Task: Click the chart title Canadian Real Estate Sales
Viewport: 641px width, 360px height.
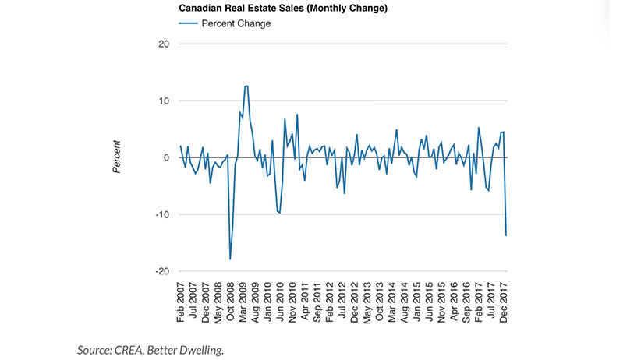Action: click(272, 9)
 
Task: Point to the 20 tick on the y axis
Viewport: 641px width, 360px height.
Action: click(164, 44)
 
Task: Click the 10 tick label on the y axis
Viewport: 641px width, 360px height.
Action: click(164, 101)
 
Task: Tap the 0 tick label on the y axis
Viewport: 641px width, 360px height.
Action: click(166, 158)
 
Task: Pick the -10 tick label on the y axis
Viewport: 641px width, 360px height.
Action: click(161, 215)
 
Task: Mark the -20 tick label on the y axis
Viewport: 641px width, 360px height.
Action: click(161, 272)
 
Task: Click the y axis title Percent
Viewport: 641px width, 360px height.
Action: click(117, 157)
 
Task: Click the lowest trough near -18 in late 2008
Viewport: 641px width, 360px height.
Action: click(230, 259)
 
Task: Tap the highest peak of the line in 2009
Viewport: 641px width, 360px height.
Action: click(246, 86)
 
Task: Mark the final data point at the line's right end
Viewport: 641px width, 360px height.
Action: click(506, 235)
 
